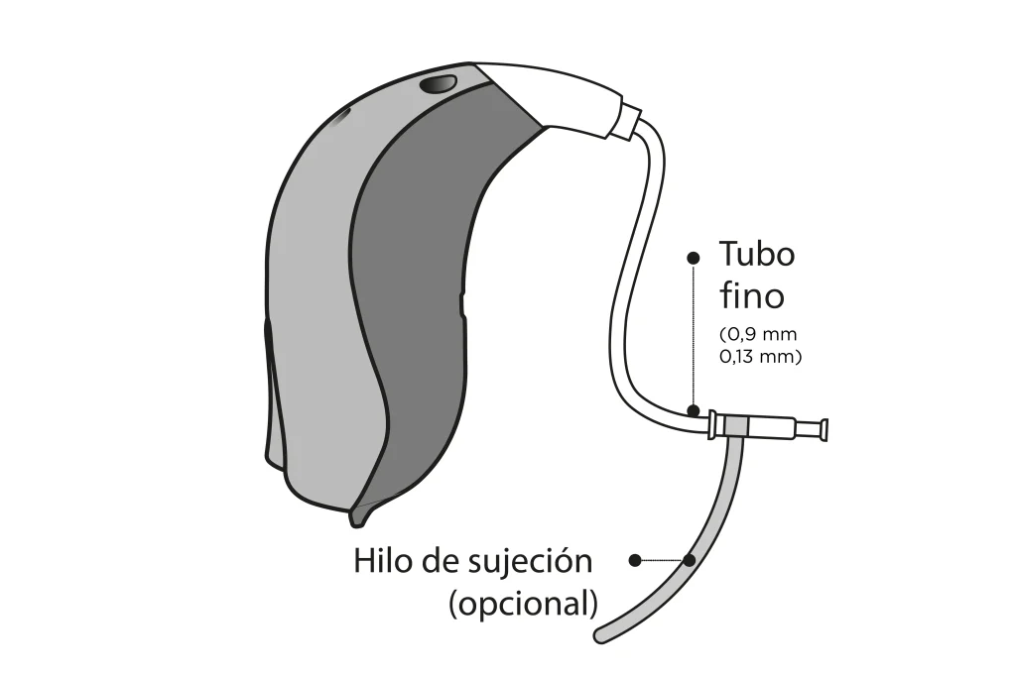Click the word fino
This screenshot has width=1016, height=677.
point(752,295)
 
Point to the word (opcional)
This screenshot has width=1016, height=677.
point(523,605)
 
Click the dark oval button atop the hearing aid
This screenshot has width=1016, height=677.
point(438,84)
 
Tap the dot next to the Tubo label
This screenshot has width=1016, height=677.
point(694,258)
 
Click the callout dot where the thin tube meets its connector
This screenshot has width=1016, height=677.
point(694,410)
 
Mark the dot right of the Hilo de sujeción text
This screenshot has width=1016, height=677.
point(636,560)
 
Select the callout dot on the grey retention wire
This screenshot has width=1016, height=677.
point(690,560)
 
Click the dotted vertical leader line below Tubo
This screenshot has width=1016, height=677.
point(694,334)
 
